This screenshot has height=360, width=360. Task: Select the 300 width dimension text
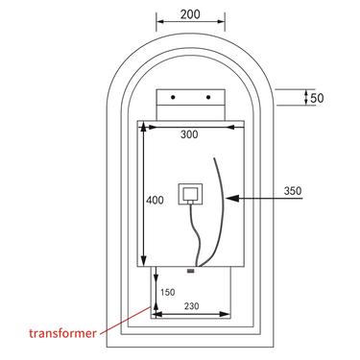(x=189, y=135)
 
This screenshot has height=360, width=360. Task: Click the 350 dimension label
(x=294, y=192)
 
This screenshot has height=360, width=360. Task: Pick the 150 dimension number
(x=166, y=292)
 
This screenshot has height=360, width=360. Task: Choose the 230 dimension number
(x=193, y=305)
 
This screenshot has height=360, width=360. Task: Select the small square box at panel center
(x=190, y=194)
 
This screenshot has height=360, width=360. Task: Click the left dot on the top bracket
(x=173, y=98)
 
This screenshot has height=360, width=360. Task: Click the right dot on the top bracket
(x=208, y=98)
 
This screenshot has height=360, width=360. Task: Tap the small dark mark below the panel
(x=190, y=270)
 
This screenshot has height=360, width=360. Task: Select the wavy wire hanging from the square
(x=195, y=235)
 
